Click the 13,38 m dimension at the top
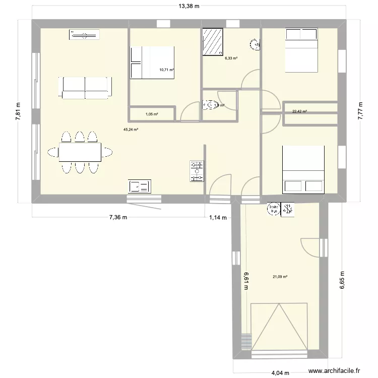pos(189,7)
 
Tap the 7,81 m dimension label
pos(19,109)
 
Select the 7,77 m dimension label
pos(360,109)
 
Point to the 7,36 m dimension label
pos(118,218)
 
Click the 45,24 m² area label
pos(131,130)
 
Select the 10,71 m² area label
pos(166,70)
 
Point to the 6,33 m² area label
pos(231,58)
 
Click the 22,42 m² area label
pos(299,112)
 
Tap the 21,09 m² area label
pos(280,276)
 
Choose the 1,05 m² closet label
pos(152,114)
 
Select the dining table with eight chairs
pos(80,152)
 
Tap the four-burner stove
pos(197,171)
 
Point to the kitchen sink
pos(139,186)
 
